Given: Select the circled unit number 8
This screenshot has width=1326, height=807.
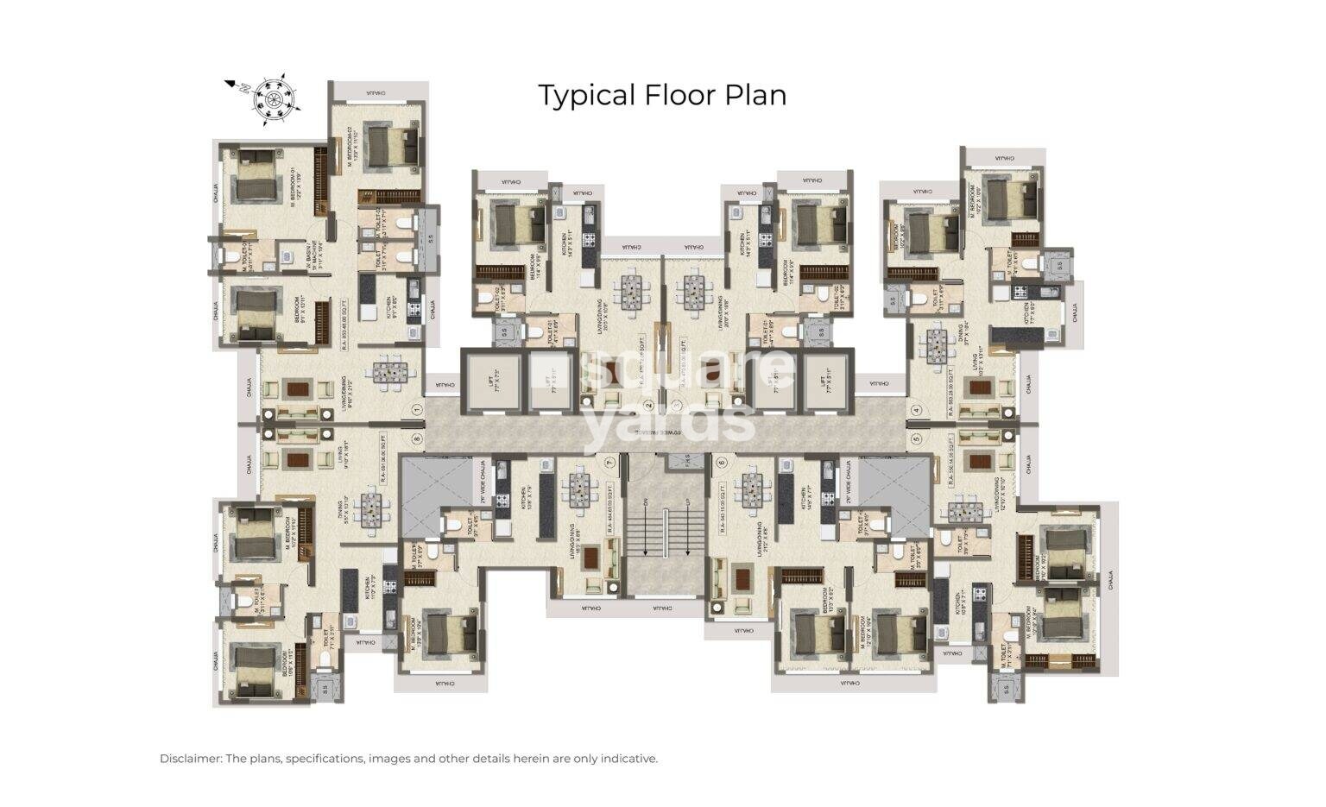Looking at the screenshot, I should click(416, 439).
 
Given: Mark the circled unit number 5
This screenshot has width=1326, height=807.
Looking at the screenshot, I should click(916, 439).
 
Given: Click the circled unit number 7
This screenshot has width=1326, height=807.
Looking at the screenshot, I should click(609, 462).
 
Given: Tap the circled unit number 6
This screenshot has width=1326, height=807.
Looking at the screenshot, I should click(721, 462).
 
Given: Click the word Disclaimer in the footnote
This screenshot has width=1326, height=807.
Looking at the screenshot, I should click(190, 759).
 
